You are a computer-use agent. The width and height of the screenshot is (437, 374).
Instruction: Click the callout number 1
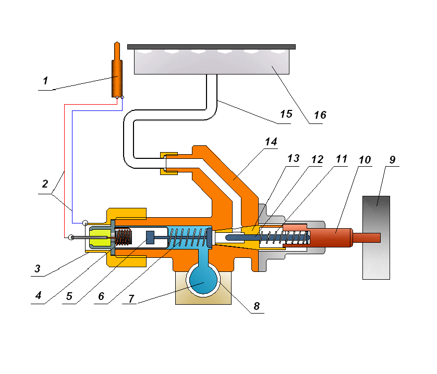click(45, 81)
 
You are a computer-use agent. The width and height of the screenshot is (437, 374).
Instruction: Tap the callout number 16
click(320, 115)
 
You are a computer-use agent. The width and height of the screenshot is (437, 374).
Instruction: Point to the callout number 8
click(256, 306)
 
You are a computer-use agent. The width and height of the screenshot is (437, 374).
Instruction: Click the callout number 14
click(271, 142)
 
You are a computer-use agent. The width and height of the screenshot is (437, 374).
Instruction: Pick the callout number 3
click(38, 269)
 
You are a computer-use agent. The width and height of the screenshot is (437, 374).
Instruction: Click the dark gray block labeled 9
click(376, 237)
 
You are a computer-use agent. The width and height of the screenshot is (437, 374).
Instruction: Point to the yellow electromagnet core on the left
click(98, 238)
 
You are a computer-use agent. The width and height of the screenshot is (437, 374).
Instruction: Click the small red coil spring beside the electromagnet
click(124, 238)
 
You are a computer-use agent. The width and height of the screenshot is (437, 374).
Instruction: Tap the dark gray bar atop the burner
click(211, 46)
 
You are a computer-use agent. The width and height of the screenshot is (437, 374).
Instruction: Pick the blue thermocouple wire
click(72, 167)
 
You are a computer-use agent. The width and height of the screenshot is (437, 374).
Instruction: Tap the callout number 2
click(45, 183)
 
